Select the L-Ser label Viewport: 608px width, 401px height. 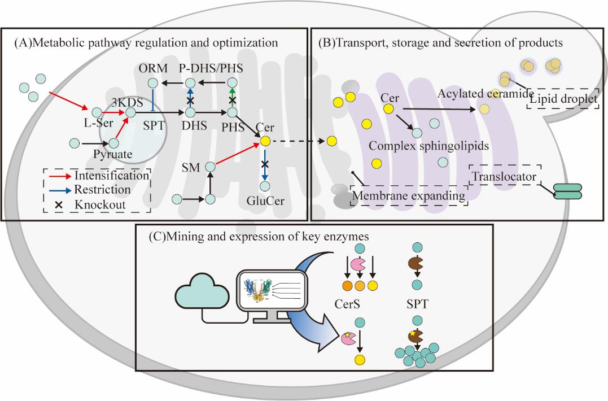coord(91,123)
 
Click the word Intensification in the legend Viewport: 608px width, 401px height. coord(111,175)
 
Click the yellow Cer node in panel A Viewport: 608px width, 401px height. coord(264,140)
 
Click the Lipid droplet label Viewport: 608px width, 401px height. coord(562,99)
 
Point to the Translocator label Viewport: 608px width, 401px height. coord(504,177)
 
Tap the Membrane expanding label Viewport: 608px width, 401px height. coord(409,196)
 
